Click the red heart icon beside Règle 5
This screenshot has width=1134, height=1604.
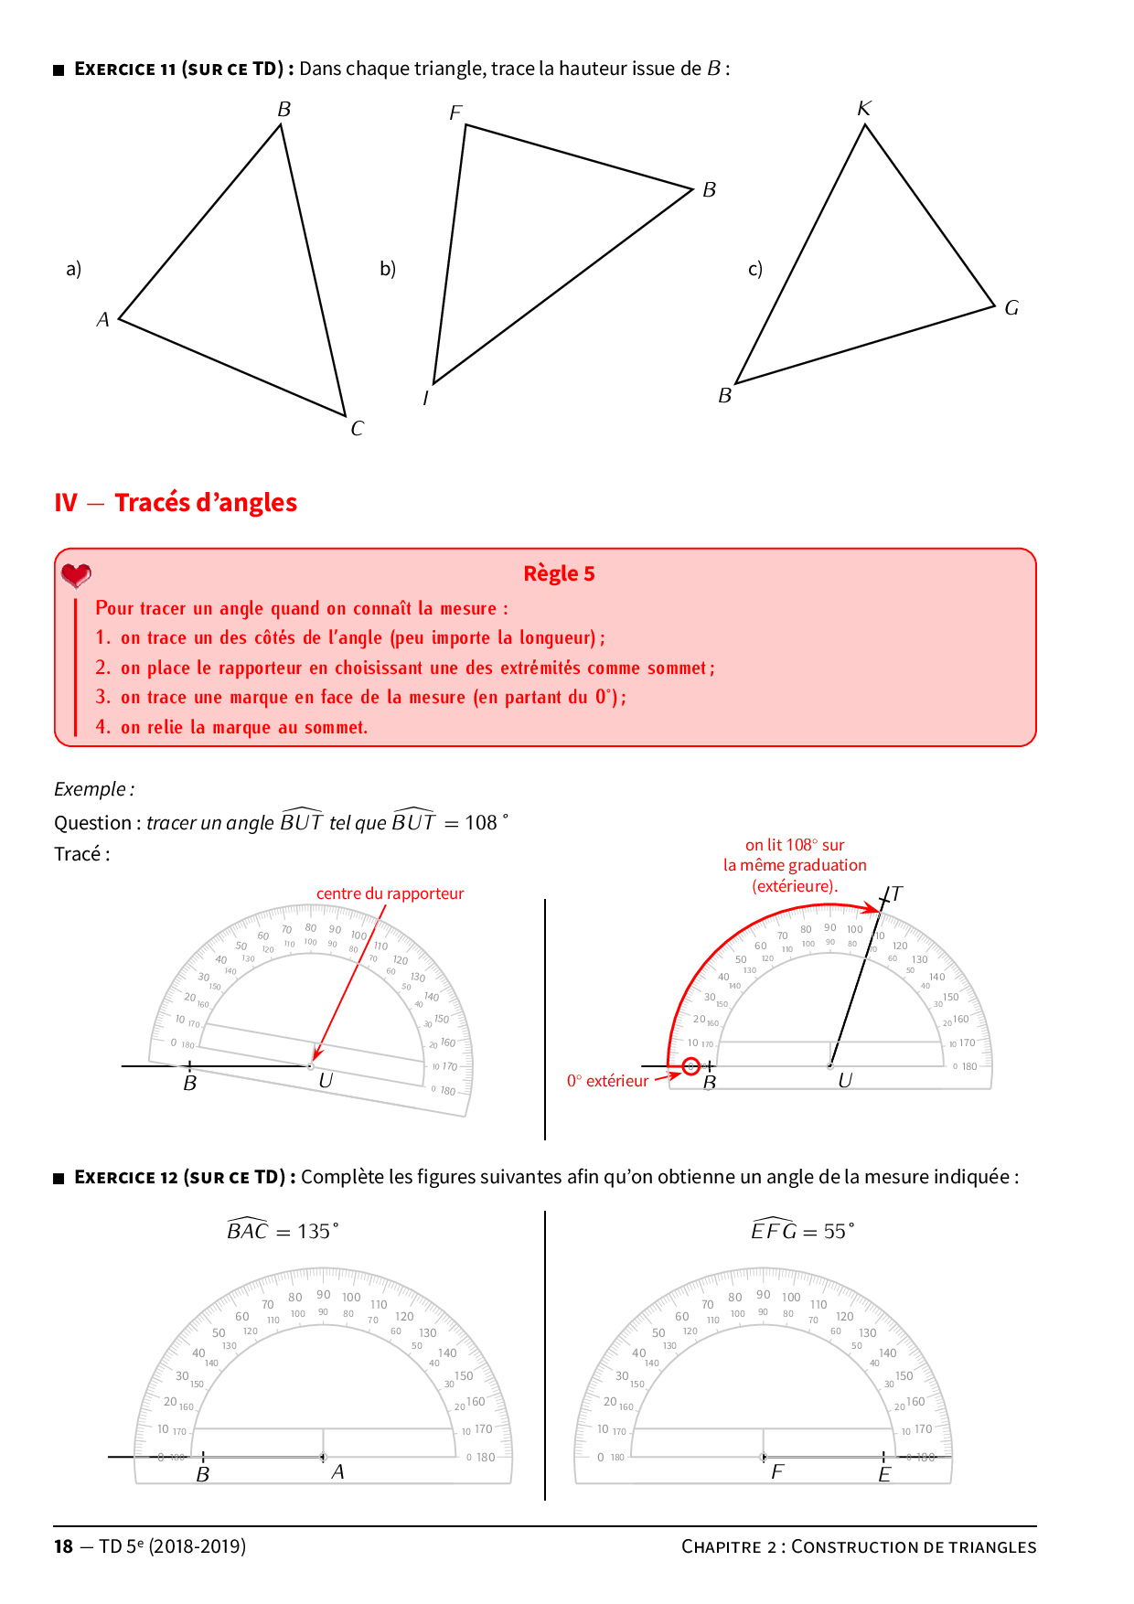click(76, 575)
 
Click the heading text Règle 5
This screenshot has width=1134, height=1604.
click(559, 573)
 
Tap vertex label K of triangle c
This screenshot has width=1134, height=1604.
click(864, 108)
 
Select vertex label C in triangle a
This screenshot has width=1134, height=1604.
click(357, 428)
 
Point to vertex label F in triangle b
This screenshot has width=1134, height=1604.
click(455, 112)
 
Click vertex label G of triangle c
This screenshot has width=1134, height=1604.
click(1011, 307)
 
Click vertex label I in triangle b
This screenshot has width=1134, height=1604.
click(425, 398)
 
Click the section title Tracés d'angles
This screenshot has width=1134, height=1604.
click(206, 503)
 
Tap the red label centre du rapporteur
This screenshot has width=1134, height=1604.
click(390, 893)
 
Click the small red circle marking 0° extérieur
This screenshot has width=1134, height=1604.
click(691, 1066)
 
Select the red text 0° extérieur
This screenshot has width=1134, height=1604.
click(607, 1081)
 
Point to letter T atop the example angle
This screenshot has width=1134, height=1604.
click(896, 893)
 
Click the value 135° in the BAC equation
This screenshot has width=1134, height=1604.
click(316, 1232)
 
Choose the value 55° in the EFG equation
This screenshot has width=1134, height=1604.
click(838, 1232)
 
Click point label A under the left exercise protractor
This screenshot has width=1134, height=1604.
click(337, 1471)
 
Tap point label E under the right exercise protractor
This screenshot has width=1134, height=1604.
click(884, 1474)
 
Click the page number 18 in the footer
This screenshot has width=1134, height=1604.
click(63, 1546)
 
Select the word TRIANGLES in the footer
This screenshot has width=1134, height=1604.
click(992, 1547)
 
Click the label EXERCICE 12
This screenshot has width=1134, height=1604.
click(126, 1177)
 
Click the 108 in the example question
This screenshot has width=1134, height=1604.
click(481, 822)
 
